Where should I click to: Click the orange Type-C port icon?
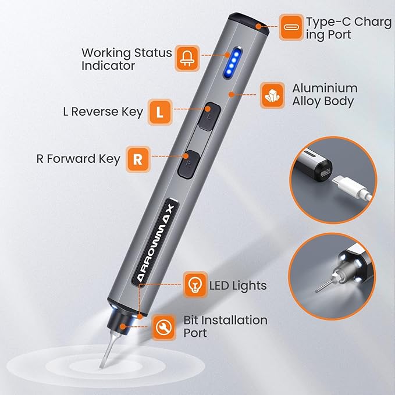click(291, 27)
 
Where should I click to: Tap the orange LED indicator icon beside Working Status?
click(187, 58)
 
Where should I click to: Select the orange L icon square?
click(160, 112)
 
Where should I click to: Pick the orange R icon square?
click(138, 159)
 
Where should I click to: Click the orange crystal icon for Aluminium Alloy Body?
click(272, 95)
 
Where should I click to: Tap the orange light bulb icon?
click(195, 284)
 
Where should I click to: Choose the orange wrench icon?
click(163, 328)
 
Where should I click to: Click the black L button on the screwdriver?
click(209, 116)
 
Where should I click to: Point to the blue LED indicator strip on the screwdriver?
click(232, 62)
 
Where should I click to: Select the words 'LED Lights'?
click(238, 286)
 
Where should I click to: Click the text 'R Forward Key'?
click(79, 159)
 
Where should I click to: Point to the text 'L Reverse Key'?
click(103, 112)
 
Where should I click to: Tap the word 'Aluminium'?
click(325, 88)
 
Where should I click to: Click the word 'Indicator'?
click(108, 66)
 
